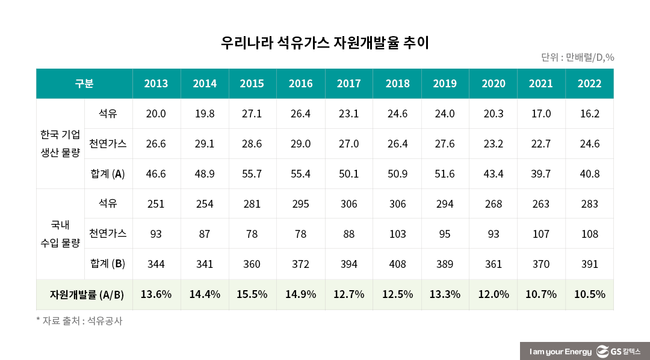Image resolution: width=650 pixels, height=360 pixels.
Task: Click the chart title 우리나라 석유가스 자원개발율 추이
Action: coord(324,43)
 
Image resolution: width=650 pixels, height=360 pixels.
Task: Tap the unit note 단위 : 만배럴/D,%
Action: coord(577,58)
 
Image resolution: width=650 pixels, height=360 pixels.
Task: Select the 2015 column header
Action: coord(252,84)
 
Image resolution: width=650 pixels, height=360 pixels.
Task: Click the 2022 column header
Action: coord(589,84)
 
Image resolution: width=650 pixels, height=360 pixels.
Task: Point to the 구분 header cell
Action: coord(84,84)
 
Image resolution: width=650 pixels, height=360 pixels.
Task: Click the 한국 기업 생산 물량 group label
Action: coord(60,144)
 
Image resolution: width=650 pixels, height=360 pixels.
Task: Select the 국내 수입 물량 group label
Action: coord(60,234)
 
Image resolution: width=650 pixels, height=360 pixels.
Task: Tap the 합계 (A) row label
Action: coord(107,174)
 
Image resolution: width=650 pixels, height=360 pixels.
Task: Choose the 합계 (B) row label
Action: coord(107,264)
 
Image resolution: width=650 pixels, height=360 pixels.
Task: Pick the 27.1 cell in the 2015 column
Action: coord(252,114)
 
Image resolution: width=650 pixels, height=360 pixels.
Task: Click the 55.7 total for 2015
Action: coord(252,174)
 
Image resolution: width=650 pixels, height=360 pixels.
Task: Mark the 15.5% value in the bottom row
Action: coord(252,294)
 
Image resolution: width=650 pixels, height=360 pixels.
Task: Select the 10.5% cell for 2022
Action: coord(589,294)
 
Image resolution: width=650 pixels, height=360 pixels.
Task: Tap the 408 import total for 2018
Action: coord(397,264)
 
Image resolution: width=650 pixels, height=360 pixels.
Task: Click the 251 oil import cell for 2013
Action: coord(156,204)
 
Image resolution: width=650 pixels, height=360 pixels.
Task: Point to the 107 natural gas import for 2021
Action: coord(540,234)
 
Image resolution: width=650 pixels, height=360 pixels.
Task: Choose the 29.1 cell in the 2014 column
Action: coord(205,144)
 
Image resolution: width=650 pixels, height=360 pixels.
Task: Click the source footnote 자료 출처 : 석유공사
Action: coord(79,321)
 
